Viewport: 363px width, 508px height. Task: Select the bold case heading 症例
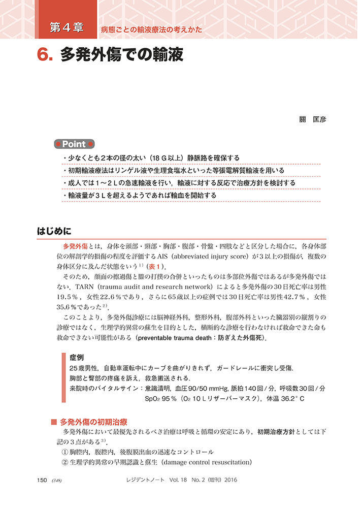click(77, 358)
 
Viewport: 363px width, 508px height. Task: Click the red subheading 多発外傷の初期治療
click(93, 422)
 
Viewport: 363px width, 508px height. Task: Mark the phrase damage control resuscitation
click(204, 462)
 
